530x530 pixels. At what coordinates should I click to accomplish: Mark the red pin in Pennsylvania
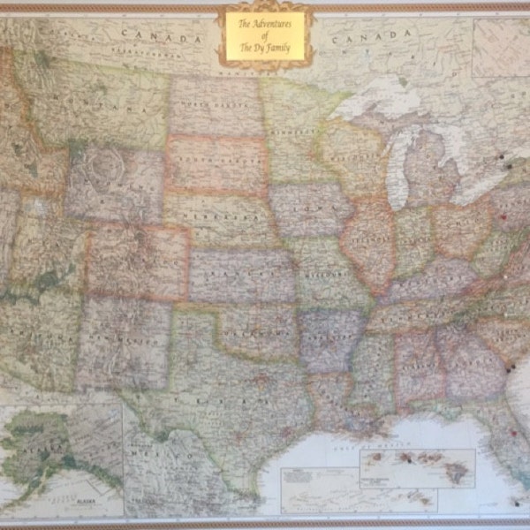pyautogui.click(x=503, y=216)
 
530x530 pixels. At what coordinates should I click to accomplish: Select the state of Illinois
pyautogui.click(x=370, y=238)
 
